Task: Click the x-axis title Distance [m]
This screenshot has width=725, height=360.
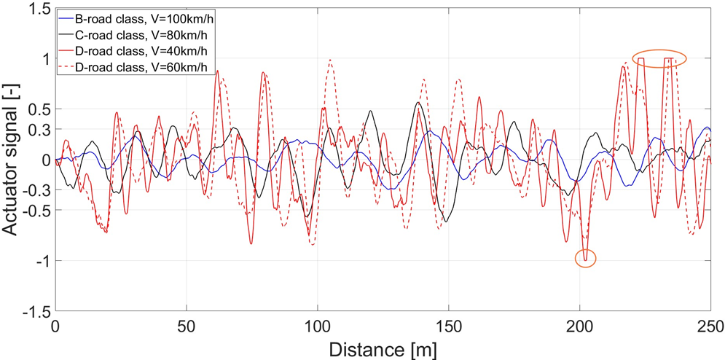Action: [x=383, y=348]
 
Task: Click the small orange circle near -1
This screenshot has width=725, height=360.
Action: [x=585, y=258]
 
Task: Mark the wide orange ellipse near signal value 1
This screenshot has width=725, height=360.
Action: [x=659, y=58]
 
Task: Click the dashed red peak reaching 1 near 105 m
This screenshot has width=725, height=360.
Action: [x=331, y=60]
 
